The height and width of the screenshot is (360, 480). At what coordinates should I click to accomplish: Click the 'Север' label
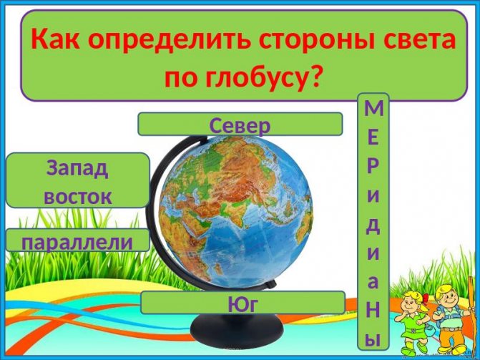240,125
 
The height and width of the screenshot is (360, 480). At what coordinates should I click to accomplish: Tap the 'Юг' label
243,303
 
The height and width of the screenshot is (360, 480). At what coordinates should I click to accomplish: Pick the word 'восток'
77,195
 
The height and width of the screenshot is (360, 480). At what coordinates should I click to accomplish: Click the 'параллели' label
77,240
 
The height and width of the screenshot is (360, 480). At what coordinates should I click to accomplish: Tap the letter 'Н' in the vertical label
373,310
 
